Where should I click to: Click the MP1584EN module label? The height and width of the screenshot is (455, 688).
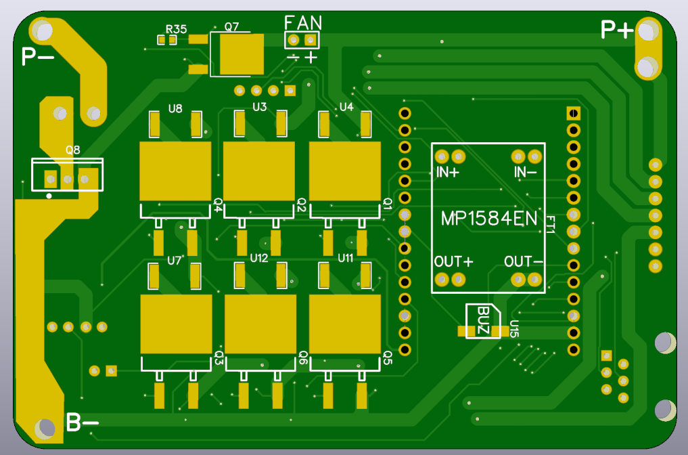point(489,218)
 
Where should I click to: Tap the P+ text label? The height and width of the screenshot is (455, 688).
point(617,30)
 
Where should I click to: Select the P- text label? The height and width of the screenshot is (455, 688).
point(38,57)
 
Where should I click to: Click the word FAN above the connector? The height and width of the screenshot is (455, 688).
point(303,23)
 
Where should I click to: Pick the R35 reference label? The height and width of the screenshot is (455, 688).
point(176,29)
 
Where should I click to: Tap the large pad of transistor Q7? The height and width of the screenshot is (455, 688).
point(242,54)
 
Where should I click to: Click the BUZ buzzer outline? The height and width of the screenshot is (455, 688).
point(483,321)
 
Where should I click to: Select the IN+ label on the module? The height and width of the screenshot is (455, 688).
point(448,172)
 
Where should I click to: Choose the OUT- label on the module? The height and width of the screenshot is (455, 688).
point(524,262)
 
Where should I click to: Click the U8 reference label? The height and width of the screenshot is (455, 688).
point(175,108)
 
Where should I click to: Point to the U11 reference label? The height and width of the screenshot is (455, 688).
point(345,258)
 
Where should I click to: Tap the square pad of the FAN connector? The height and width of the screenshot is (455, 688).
point(311,41)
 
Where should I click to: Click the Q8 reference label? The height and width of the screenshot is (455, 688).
point(73,150)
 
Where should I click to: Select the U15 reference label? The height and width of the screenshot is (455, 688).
point(514,328)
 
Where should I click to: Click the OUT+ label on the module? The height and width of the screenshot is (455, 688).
point(454,262)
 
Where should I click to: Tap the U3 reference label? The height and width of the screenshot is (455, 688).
point(259,107)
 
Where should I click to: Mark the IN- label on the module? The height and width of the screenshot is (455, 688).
point(525,172)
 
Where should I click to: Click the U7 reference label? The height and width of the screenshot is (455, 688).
point(174,261)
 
